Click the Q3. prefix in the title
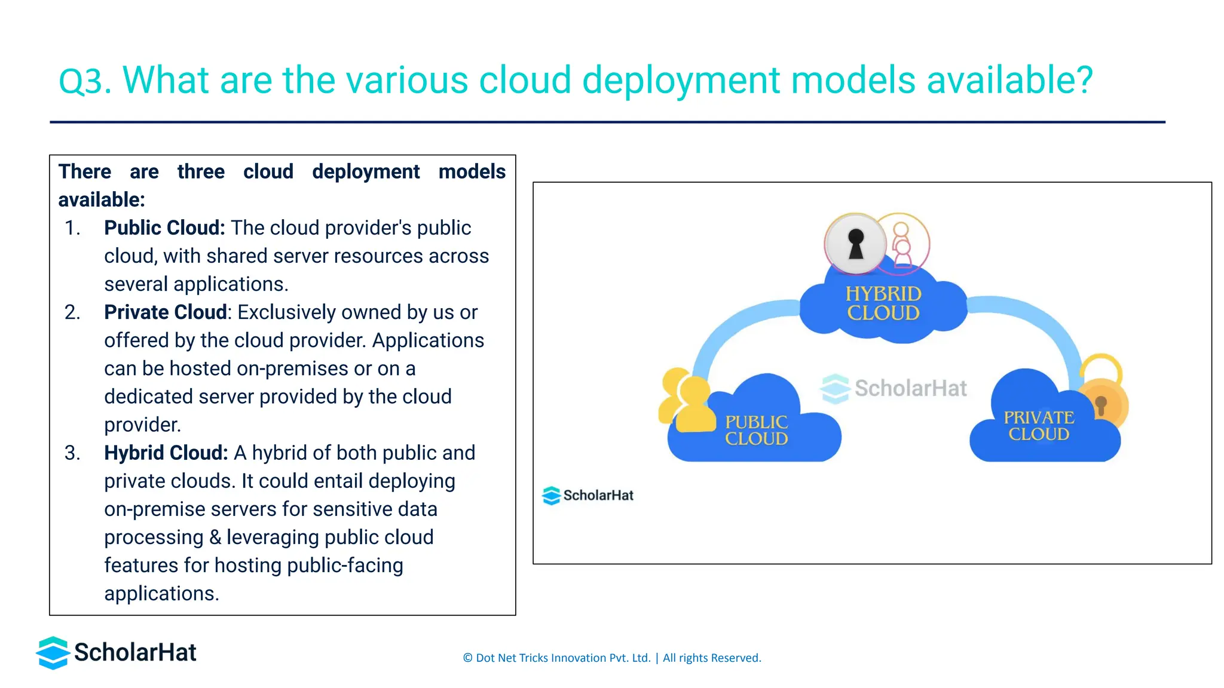(x=85, y=81)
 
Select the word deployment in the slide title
(x=681, y=81)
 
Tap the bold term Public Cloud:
(x=164, y=228)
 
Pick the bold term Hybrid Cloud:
(x=166, y=453)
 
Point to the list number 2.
(x=72, y=312)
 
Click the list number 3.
(x=72, y=453)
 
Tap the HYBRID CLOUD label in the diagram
(x=883, y=303)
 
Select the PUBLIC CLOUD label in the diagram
(x=756, y=430)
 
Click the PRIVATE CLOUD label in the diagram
(x=1039, y=425)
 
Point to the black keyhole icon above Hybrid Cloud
(x=856, y=244)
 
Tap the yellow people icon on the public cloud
(x=686, y=400)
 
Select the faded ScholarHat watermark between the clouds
(x=894, y=388)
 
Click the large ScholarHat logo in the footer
(x=117, y=652)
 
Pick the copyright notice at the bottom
(x=612, y=658)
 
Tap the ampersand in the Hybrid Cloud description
(x=215, y=537)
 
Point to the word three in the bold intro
(x=201, y=171)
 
